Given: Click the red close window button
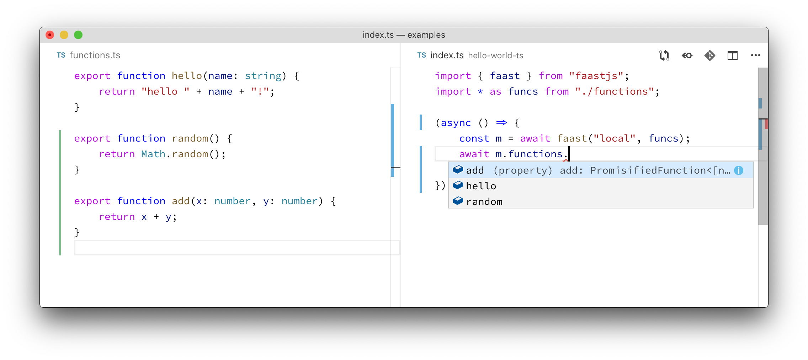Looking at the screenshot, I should click(x=50, y=35).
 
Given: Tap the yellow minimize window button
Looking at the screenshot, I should click(x=64, y=35).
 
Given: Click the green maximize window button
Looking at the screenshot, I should click(x=78, y=35).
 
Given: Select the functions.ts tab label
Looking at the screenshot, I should click(x=95, y=55).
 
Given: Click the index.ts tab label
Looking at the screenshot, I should click(x=447, y=55).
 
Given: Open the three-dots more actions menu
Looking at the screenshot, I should click(x=755, y=55).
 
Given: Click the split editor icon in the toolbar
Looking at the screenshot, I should click(x=732, y=55).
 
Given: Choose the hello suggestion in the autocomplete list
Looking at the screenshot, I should click(x=481, y=186).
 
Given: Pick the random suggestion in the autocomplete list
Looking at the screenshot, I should click(x=484, y=202).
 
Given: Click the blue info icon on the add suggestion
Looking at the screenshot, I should click(x=739, y=170).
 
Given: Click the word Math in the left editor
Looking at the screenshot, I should click(x=153, y=154).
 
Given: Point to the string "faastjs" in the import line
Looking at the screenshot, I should click(x=596, y=76).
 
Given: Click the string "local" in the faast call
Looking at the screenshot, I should click(x=615, y=138).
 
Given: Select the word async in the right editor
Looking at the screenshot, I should click(x=456, y=123).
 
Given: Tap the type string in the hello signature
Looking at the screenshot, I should click(x=263, y=76).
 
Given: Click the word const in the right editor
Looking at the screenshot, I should click(x=474, y=138).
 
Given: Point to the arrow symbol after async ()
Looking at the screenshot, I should click(x=501, y=123).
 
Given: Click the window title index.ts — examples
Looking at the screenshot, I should click(x=404, y=35).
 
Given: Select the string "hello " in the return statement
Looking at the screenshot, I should click(x=165, y=91).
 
